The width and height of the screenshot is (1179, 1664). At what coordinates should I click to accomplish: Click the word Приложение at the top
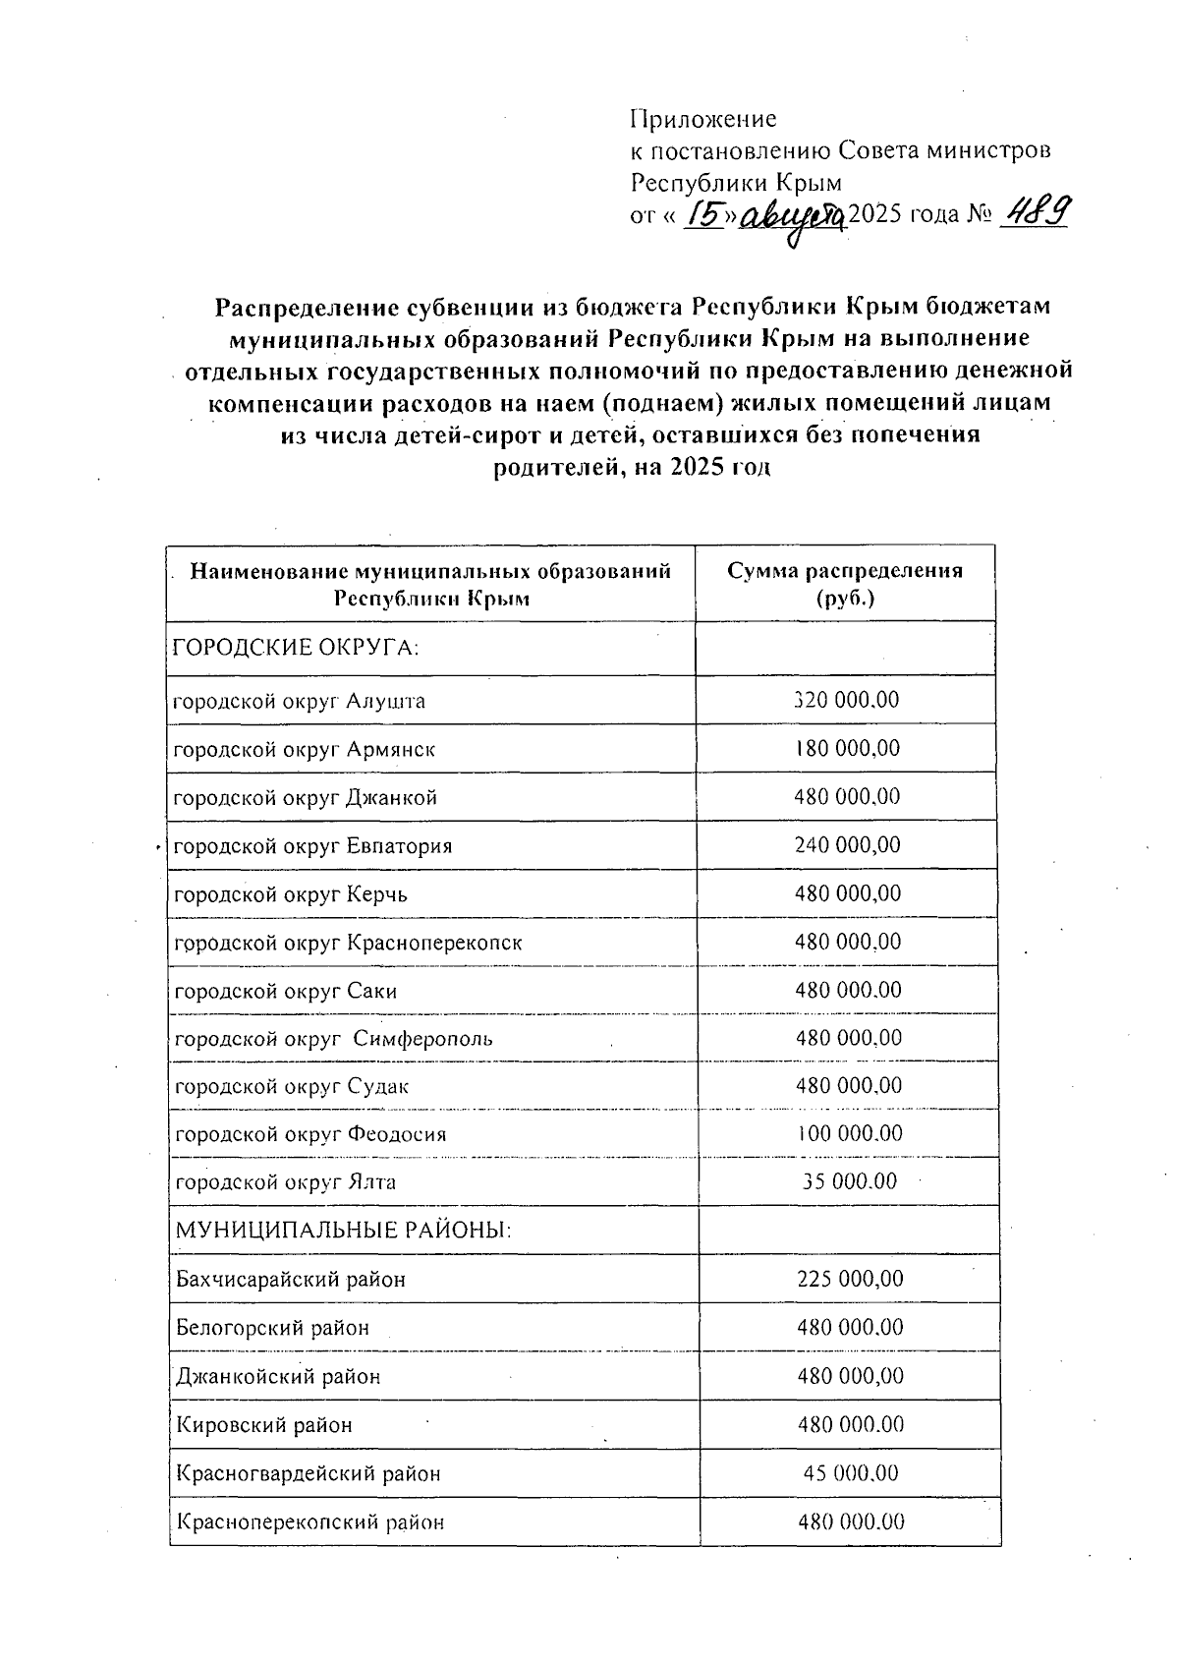point(702,120)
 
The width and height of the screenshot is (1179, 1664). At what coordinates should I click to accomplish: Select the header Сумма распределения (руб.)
point(845,584)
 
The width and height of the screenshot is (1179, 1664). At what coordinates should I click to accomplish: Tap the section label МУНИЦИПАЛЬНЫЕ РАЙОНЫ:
point(343,1231)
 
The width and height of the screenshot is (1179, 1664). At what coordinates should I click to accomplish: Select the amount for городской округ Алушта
point(846,701)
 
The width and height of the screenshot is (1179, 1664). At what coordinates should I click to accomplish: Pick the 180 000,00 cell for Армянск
point(846,749)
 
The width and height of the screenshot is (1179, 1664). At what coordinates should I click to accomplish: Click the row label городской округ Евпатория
point(312,846)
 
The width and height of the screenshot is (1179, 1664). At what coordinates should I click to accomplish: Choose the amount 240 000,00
point(847,845)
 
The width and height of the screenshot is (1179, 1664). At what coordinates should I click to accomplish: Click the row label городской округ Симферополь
point(333,1039)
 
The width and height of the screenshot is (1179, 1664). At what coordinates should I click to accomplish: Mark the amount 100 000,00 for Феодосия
point(849,1134)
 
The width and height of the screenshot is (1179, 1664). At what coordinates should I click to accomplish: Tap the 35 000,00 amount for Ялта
point(849,1182)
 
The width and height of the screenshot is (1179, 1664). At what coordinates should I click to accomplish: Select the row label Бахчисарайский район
point(290,1280)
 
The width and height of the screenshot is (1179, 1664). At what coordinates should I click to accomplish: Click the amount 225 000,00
point(850,1279)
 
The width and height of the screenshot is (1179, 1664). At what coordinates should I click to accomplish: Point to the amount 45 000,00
point(850,1473)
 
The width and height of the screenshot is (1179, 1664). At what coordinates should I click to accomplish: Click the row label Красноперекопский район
point(309,1522)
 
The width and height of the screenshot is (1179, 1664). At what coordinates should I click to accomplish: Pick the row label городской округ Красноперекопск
point(348,943)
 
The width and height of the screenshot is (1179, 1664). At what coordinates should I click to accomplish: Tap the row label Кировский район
point(263,1425)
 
